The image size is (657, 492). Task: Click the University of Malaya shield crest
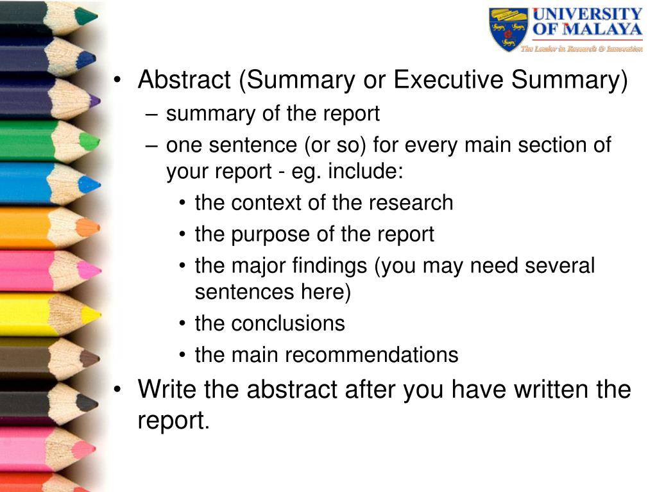coord(509,29)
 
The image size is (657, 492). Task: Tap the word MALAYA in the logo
coord(602,29)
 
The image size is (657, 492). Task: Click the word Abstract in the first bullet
coord(184,79)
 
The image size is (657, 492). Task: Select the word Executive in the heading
coord(448,79)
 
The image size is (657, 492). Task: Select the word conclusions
coord(288,324)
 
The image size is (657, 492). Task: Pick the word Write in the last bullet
coord(167,389)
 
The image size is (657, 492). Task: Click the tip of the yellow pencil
coord(99,315)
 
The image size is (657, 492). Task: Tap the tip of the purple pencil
coord(99,101)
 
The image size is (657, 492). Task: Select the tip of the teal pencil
coord(97,17)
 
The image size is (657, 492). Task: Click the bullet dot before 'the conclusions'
coord(182,324)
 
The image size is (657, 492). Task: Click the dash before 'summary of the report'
coord(151,115)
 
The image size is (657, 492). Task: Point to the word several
coord(559,266)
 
